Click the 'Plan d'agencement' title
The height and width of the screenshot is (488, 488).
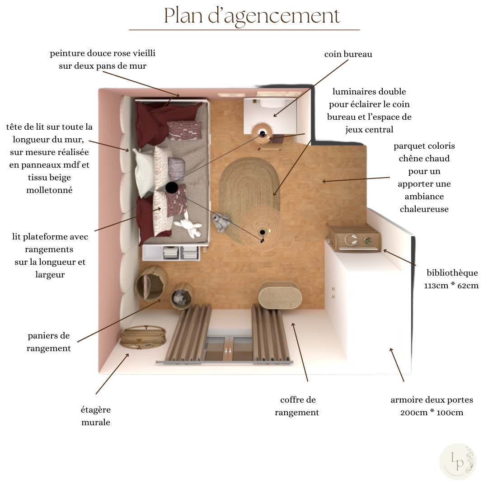(x=252, y=16)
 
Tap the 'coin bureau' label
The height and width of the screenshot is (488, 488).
(x=348, y=54)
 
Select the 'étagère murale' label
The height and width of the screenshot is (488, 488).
(x=95, y=416)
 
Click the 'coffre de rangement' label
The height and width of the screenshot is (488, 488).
(x=297, y=406)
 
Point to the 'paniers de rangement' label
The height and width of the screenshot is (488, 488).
(x=49, y=342)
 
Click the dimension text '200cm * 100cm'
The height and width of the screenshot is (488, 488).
(x=432, y=413)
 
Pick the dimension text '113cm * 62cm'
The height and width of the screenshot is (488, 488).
(x=451, y=286)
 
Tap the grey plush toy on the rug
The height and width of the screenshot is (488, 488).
(x=221, y=223)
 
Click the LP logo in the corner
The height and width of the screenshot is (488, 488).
(x=457, y=461)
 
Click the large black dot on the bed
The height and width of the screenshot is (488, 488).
(x=172, y=188)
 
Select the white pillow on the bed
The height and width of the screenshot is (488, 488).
(x=145, y=172)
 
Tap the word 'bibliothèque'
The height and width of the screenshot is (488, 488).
(x=452, y=272)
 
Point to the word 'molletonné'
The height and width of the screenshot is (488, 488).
(x=50, y=190)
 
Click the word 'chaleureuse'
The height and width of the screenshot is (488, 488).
(x=424, y=209)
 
